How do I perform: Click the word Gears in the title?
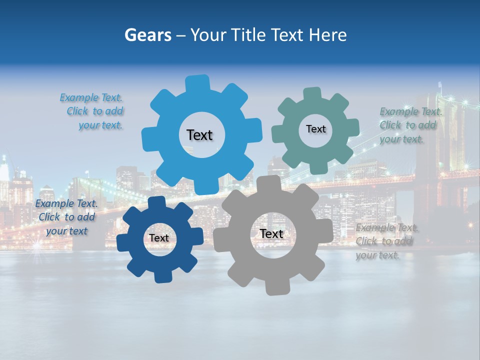pyautogui.click(x=148, y=35)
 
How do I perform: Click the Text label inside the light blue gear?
pyautogui.click(x=199, y=135)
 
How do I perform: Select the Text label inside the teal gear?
pyautogui.click(x=315, y=129)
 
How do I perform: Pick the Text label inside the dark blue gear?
pyautogui.click(x=159, y=238)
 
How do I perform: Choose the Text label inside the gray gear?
pyautogui.click(x=271, y=234)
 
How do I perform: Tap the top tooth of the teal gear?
pyautogui.click(x=312, y=94)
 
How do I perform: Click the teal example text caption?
pyautogui.click(x=410, y=125)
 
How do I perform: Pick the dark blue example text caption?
pyautogui.click(x=66, y=217)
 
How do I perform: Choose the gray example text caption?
pyautogui.click(x=386, y=241)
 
